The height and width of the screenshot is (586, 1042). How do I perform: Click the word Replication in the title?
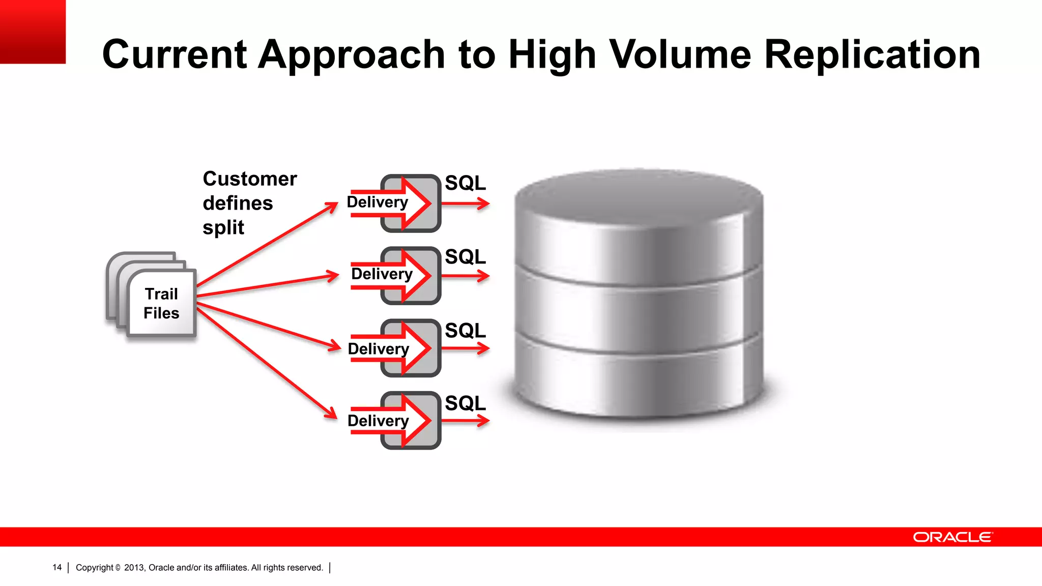[x=872, y=54]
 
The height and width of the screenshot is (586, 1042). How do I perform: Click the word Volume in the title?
[x=680, y=54]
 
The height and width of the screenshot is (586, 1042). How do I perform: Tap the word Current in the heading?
[x=174, y=54]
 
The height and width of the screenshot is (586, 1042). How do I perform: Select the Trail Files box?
[x=161, y=303]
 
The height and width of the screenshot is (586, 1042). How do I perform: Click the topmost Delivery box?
[x=410, y=203]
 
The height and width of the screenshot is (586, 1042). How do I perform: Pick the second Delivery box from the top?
[x=410, y=276]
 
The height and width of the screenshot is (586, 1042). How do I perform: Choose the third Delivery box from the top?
[x=410, y=348]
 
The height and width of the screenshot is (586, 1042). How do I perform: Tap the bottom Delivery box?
[x=410, y=420]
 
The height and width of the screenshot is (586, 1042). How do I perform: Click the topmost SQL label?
[x=465, y=183]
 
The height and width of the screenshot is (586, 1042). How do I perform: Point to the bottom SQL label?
[x=465, y=403]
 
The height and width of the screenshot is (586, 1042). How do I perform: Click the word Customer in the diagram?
[x=249, y=179]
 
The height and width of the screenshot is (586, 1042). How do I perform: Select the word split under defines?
[x=223, y=227]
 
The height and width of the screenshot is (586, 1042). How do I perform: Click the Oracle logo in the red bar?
[x=952, y=537]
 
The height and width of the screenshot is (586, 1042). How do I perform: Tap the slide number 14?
[x=57, y=567]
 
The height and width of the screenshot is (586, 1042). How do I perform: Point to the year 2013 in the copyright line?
[x=134, y=567]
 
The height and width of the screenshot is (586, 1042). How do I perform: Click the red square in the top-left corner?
[x=33, y=32]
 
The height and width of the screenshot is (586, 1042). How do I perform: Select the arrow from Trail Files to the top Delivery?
[x=267, y=244]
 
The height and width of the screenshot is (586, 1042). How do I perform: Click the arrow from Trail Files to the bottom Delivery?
[x=267, y=363]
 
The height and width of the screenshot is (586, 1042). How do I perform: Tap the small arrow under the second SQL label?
[x=465, y=276]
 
